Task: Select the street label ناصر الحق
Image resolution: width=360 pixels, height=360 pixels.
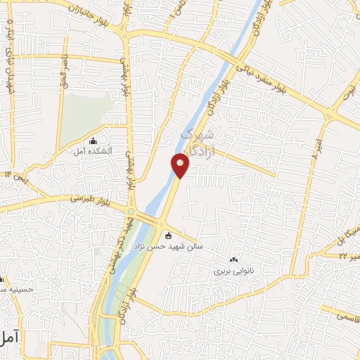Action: click(x=65, y=70)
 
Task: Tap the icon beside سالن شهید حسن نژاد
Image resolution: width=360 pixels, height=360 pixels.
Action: click(x=167, y=235)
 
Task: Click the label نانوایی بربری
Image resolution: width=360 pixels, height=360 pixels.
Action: click(x=236, y=269)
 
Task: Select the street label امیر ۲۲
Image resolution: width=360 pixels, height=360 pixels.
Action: click(x=348, y=257)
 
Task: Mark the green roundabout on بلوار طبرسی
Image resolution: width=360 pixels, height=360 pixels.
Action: click(x=131, y=211)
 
